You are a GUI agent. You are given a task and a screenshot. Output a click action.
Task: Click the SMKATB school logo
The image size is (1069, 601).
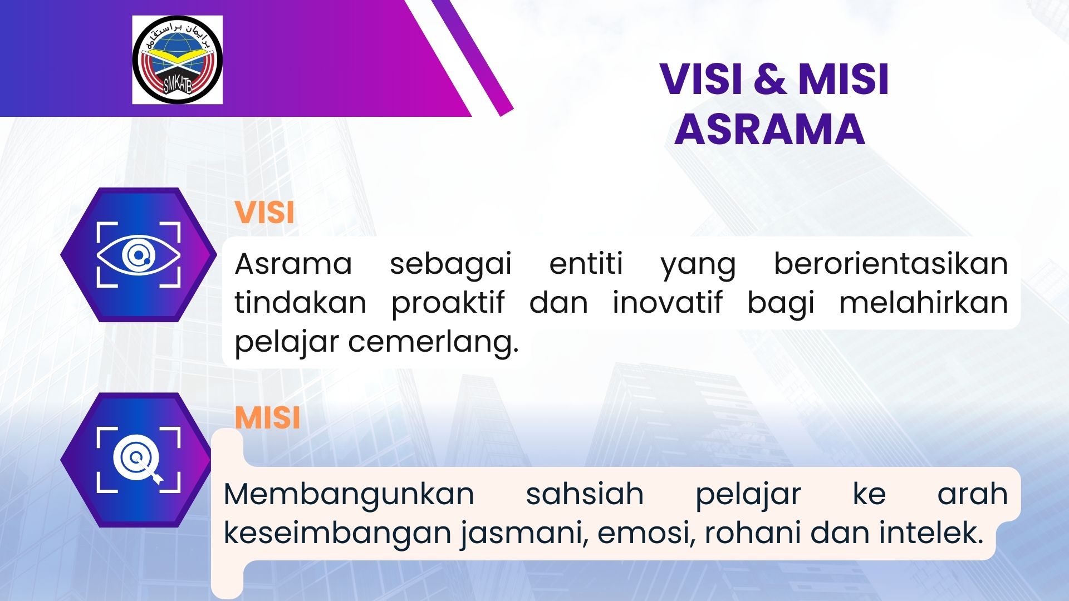click(x=178, y=60)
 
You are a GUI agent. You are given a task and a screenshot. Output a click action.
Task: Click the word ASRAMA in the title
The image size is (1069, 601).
click(x=769, y=129)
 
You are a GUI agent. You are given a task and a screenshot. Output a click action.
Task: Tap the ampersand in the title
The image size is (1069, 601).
click(x=770, y=79)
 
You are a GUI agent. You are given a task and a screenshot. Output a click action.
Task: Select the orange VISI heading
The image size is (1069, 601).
click(x=264, y=213)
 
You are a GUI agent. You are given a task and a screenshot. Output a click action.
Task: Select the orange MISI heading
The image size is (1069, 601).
click(x=267, y=418)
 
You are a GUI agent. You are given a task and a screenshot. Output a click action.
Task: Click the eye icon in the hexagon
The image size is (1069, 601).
click(x=139, y=255)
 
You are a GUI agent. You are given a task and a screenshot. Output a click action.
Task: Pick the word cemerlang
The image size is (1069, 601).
click(x=433, y=343)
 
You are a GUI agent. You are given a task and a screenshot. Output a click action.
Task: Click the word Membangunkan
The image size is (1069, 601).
click(x=349, y=494)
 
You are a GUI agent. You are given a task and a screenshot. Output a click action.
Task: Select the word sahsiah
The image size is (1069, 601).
click(x=585, y=494)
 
